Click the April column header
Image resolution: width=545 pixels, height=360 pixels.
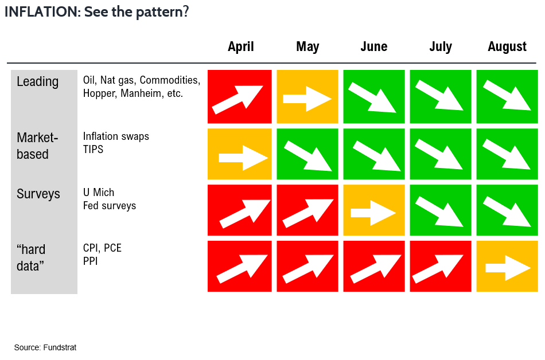(240, 46)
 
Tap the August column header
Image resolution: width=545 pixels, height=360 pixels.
(507, 46)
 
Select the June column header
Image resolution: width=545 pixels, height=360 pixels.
(373, 46)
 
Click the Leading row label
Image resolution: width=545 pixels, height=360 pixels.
(37, 82)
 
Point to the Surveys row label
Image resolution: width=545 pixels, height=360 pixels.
(38, 194)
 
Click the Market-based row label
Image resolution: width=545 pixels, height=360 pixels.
(37, 146)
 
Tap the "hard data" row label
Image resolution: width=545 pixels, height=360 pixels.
(31, 257)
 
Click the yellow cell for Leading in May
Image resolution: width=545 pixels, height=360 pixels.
(307, 96)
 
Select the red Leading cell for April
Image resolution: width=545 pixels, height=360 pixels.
(239, 96)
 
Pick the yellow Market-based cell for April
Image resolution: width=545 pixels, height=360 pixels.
(239, 154)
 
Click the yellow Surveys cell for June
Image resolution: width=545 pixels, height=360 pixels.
(374, 210)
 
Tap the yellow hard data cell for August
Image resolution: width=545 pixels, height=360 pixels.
(507, 266)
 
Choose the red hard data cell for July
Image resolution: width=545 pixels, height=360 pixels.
(441, 266)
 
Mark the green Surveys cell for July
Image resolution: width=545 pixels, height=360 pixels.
(441, 210)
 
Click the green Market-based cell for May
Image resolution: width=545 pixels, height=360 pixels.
(307, 154)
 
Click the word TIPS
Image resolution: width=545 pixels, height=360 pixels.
(93, 149)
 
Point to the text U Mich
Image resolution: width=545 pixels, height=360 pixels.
(99, 192)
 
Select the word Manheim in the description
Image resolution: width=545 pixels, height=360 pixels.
(141, 93)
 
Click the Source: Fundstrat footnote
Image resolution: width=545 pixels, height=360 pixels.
(45, 347)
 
